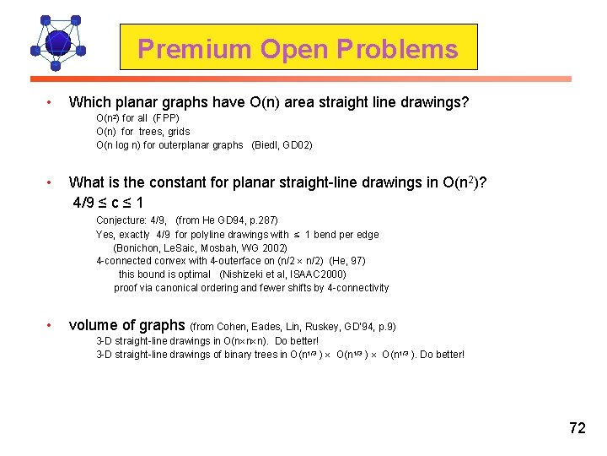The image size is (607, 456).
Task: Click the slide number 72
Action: click(577, 428)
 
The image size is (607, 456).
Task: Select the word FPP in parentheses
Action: click(166, 118)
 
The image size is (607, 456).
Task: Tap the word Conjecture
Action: click(123, 221)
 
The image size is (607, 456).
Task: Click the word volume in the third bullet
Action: click(94, 325)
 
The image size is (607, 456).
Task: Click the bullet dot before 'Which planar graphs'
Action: click(51, 103)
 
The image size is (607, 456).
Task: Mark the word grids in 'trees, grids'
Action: click(179, 132)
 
